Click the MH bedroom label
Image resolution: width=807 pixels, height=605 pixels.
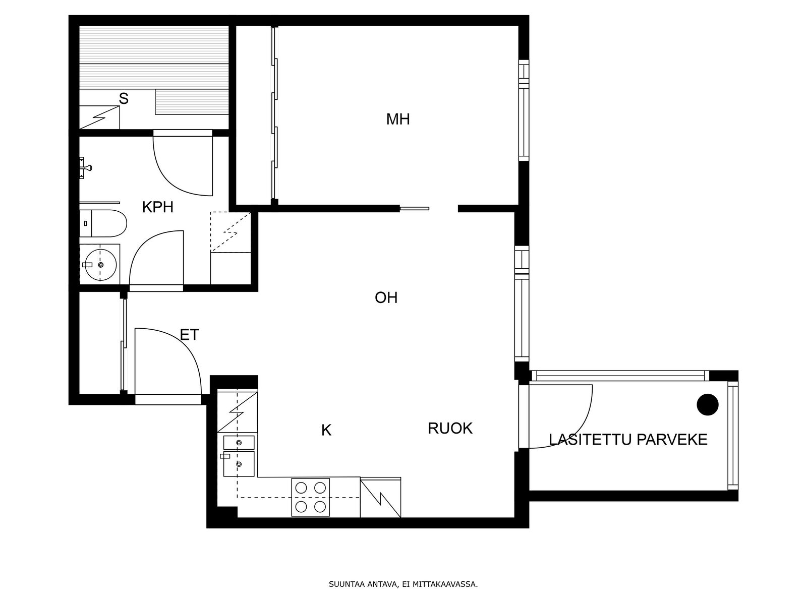(x=398, y=119)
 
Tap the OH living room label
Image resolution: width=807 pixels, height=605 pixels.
(x=386, y=297)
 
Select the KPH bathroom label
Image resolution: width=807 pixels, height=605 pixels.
(x=158, y=208)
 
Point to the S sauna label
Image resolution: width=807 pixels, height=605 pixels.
(x=124, y=99)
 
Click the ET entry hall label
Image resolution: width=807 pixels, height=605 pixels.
(x=189, y=335)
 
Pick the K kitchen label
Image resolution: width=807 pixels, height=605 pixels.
(x=326, y=430)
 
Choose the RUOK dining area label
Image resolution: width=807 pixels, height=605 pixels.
(x=450, y=429)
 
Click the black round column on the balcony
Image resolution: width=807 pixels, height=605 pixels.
(x=708, y=404)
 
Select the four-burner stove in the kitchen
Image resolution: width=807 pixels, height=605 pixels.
(x=310, y=497)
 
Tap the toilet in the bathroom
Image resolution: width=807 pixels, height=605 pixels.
(x=103, y=223)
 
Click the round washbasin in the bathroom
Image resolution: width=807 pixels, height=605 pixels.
(x=101, y=265)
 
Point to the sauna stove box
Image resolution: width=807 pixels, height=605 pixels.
(x=100, y=117)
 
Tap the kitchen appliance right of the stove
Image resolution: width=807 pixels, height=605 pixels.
(x=380, y=498)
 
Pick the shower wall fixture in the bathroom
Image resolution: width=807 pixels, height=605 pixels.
(x=86, y=168)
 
